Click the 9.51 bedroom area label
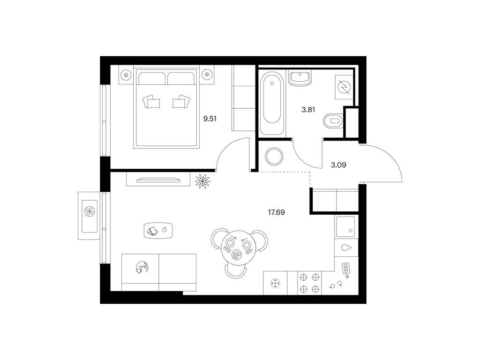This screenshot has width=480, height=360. [210, 119]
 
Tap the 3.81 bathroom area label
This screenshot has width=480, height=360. [308, 110]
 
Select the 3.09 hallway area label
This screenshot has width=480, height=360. [338, 165]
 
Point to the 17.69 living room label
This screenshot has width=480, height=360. [276, 212]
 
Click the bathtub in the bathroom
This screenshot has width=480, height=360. [272, 103]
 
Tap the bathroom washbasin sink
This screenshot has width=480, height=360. [300, 79]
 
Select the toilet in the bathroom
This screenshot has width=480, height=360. [333, 120]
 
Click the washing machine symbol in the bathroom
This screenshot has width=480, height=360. [344, 87]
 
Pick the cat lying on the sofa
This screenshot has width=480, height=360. [142, 267]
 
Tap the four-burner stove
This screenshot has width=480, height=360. [309, 283]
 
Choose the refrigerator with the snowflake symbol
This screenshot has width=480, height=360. [276, 283]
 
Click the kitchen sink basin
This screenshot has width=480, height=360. [345, 226]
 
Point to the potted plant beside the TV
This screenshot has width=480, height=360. [202, 180]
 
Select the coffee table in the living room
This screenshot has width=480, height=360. [158, 230]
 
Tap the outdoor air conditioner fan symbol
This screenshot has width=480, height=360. [90, 211]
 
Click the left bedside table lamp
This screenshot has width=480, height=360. [125, 74]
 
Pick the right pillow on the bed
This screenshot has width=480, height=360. [181, 101]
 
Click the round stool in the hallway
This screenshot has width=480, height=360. [273, 156]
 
